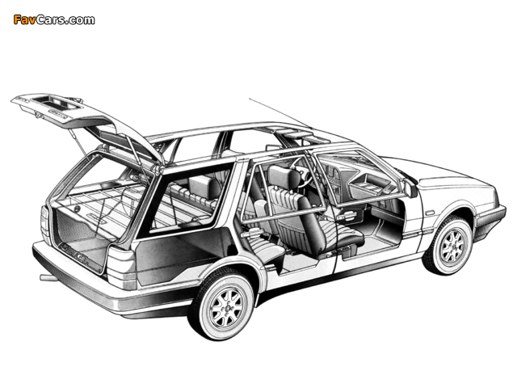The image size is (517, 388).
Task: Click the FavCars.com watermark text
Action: point(54,19)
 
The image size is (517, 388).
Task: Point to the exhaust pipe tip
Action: point(46,277)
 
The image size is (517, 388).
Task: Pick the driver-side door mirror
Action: point(411,190)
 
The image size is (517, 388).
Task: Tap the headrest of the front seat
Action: point(279,176)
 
